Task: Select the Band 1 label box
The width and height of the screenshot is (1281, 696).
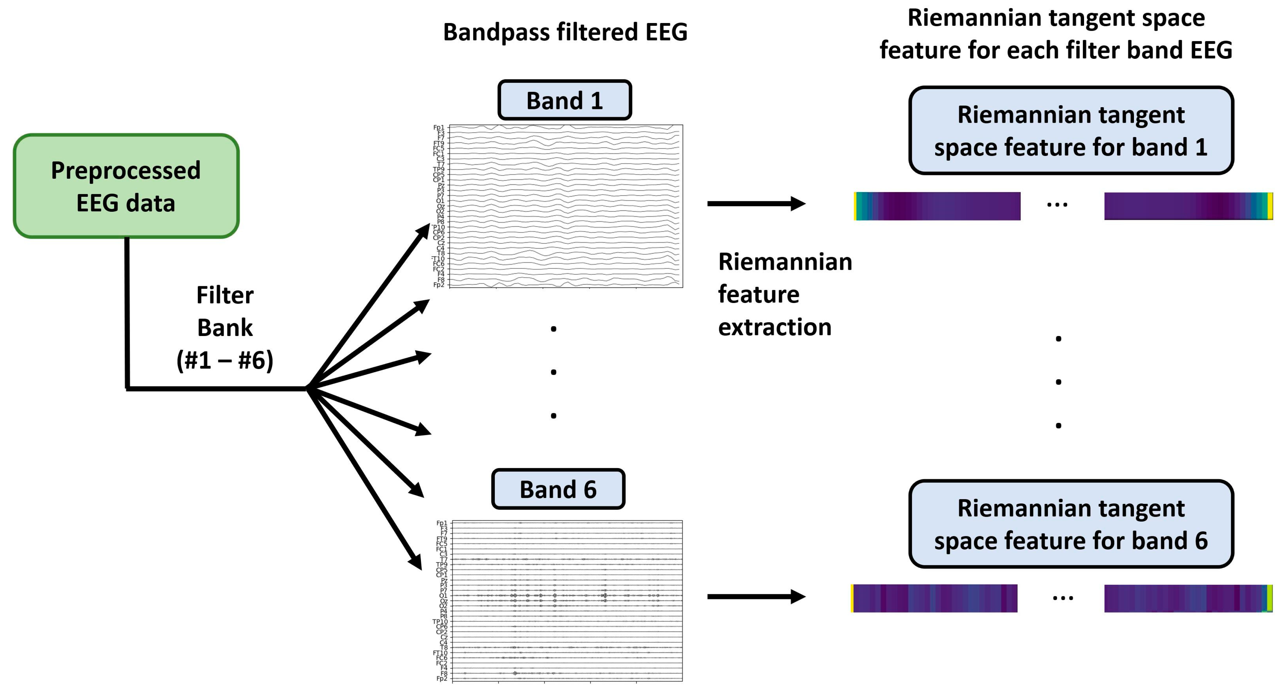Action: click(564, 100)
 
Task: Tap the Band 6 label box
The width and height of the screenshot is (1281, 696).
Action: click(558, 489)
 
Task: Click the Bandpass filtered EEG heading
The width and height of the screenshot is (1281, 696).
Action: click(565, 32)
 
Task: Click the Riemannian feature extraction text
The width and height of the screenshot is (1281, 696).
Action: click(784, 294)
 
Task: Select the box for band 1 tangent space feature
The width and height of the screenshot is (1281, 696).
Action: click(1071, 131)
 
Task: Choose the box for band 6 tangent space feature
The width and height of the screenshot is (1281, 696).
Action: click(1071, 524)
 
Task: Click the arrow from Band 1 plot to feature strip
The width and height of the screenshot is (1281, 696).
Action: click(756, 203)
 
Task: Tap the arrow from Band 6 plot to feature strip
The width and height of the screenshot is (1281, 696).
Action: click(756, 597)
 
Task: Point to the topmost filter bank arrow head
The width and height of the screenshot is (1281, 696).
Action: click(424, 230)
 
